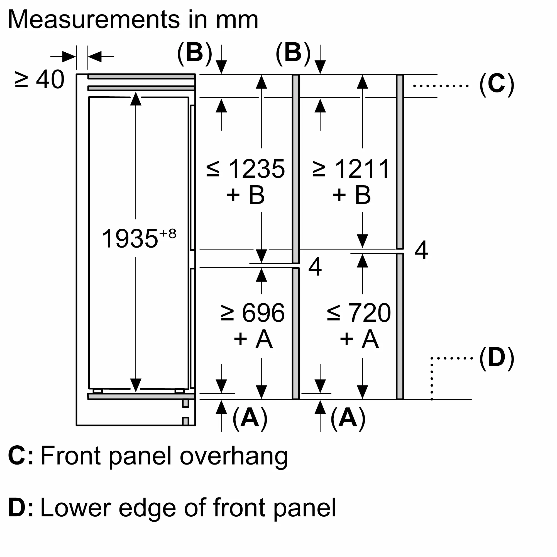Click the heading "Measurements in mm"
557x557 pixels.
click(133, 19)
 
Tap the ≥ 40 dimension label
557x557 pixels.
click(40, 80)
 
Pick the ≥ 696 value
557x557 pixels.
click(253, 313)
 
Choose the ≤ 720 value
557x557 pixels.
click(359, 313)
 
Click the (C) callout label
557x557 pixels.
click(497, 84)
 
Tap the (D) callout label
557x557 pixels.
click(497, 358)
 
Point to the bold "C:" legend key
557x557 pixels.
click(20, 456)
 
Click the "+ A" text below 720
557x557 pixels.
click(359, 339)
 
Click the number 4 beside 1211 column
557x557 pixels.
click(421, 250)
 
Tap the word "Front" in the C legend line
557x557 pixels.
click(71, 456)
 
